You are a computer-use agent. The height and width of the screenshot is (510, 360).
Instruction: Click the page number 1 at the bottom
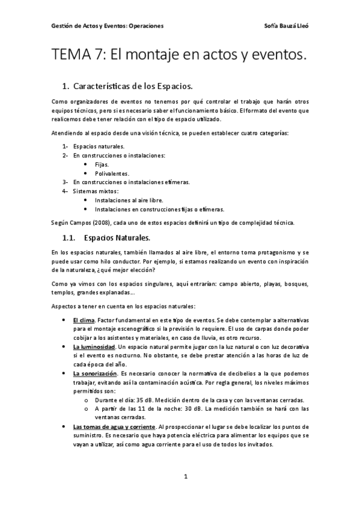point(186,476)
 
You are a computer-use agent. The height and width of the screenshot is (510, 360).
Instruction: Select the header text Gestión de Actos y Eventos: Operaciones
point(108,26)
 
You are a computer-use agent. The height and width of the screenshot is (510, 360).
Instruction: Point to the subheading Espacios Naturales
point(117,238)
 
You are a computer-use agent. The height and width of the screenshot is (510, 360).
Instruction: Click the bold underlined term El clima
point(84,320)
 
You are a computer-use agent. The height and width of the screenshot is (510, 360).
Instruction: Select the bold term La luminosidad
point(94,347)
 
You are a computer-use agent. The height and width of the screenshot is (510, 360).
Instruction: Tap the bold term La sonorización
point(94,373)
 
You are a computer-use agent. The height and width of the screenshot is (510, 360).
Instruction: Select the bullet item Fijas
point(102,164)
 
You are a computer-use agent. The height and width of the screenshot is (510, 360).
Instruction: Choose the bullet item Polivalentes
point(112,173)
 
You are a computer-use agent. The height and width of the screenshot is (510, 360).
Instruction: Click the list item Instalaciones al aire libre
point(129,200)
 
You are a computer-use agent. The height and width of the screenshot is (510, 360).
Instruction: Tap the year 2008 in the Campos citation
point(98,223)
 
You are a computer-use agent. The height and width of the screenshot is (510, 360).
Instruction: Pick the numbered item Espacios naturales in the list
point(99,146)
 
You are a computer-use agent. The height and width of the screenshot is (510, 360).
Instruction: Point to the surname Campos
point(78,223)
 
